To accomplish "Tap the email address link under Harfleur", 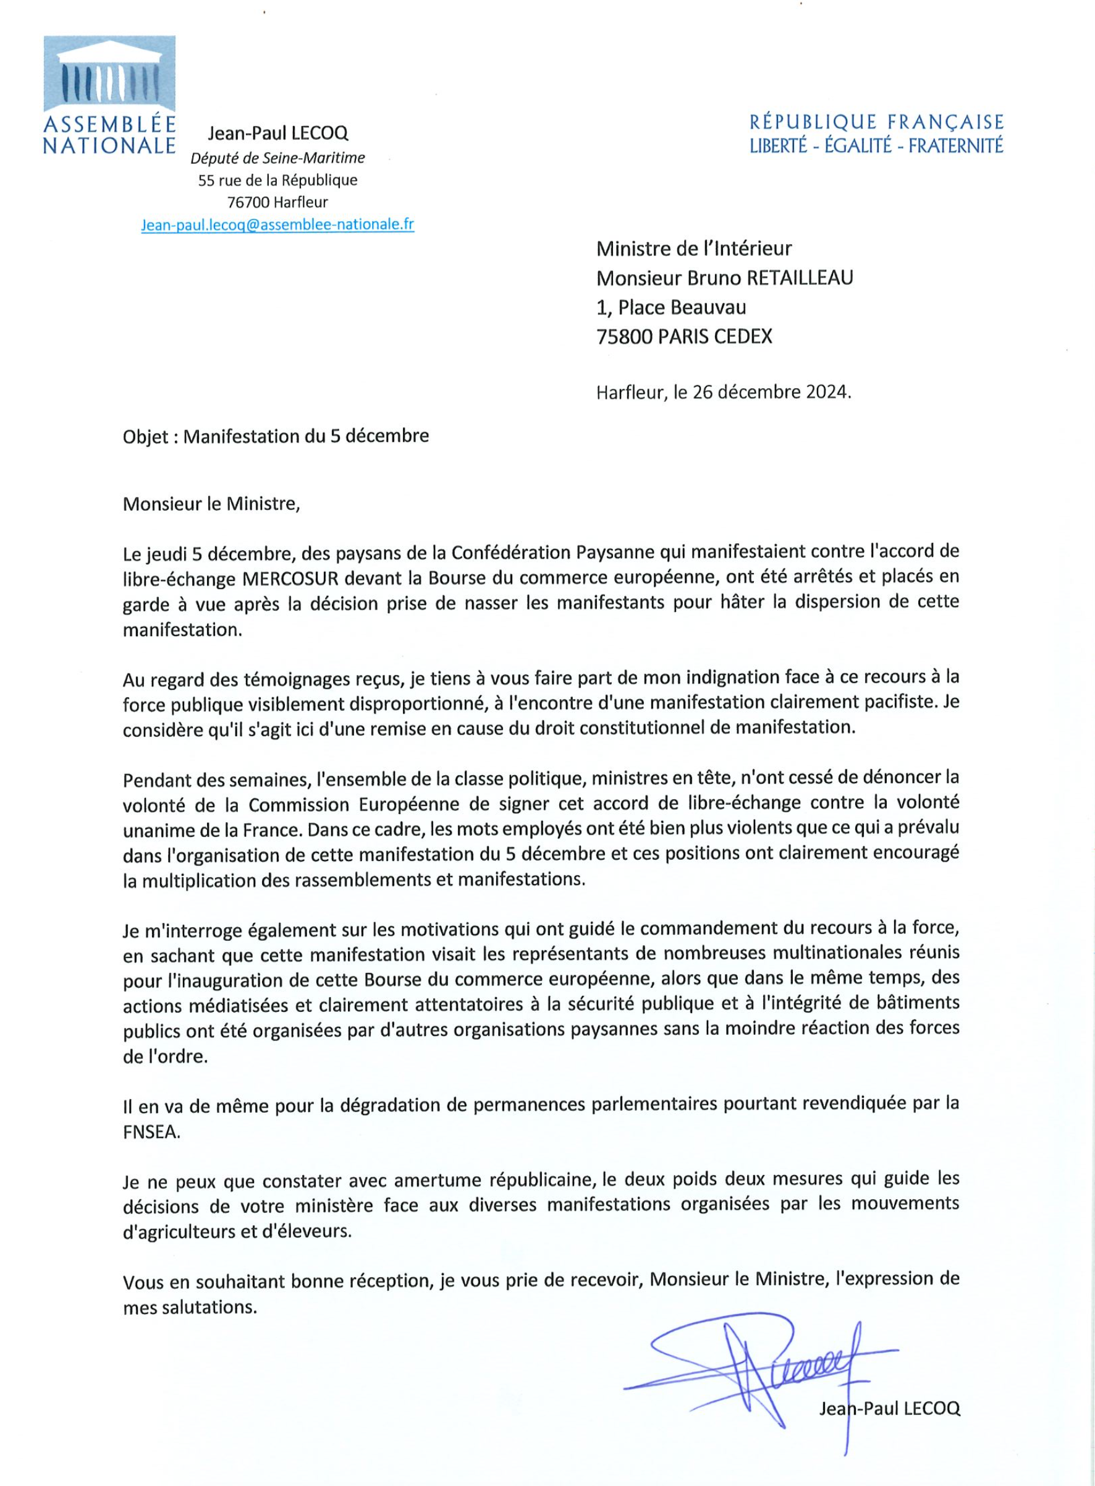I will click(x=277, y=224).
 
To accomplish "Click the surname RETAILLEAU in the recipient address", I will click(x=800, y=278).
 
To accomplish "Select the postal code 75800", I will click(x=624, y=336).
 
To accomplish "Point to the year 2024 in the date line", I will click(x=827, y=392).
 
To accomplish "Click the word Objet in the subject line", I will click(x=145, y=436).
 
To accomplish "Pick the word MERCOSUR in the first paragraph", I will click(x=290, y=578).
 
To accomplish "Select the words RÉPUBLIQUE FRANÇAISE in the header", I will click(x=876, y=122).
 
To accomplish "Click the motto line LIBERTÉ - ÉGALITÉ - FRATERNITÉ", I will click(x=876, y=146).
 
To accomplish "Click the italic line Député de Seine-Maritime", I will click(x=277, y=158).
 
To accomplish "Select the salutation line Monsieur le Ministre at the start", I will click(x=211, y=504).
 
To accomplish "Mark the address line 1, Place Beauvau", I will click(x=671, y=307).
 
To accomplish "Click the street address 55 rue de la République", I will click(x=277, y=180).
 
